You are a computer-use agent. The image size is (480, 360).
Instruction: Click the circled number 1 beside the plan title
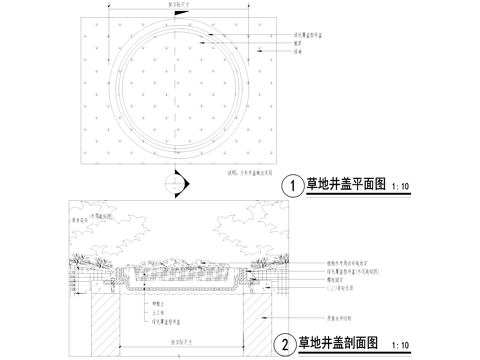pos(292,185)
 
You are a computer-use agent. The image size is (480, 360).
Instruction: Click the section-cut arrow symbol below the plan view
pos(177,183)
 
